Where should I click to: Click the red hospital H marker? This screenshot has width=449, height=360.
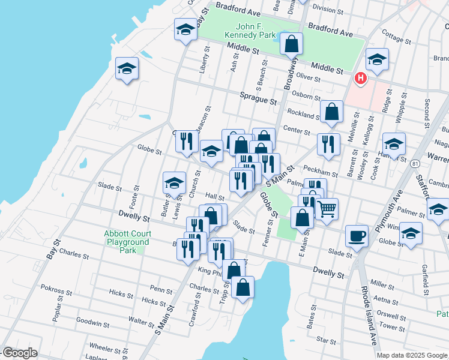[x=360, y=78]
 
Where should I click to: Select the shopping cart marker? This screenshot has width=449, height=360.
[x=327, y=209]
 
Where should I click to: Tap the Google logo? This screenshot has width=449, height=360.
[x=19, y=353]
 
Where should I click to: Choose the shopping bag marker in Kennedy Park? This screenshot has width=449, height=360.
[x=291, y=44]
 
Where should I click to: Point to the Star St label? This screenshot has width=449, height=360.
[x=327, y=341]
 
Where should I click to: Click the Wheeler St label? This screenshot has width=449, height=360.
[x=105, y=347]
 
